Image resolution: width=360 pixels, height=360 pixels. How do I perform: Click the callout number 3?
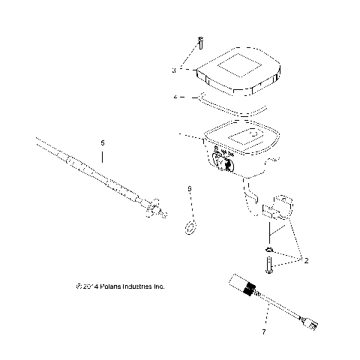coord(173,70)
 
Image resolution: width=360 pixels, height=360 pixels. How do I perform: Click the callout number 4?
coord(175,97)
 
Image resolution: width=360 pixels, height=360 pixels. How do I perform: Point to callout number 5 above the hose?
coord(103,142)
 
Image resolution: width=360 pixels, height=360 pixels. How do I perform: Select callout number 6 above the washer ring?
coord(190,189)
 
